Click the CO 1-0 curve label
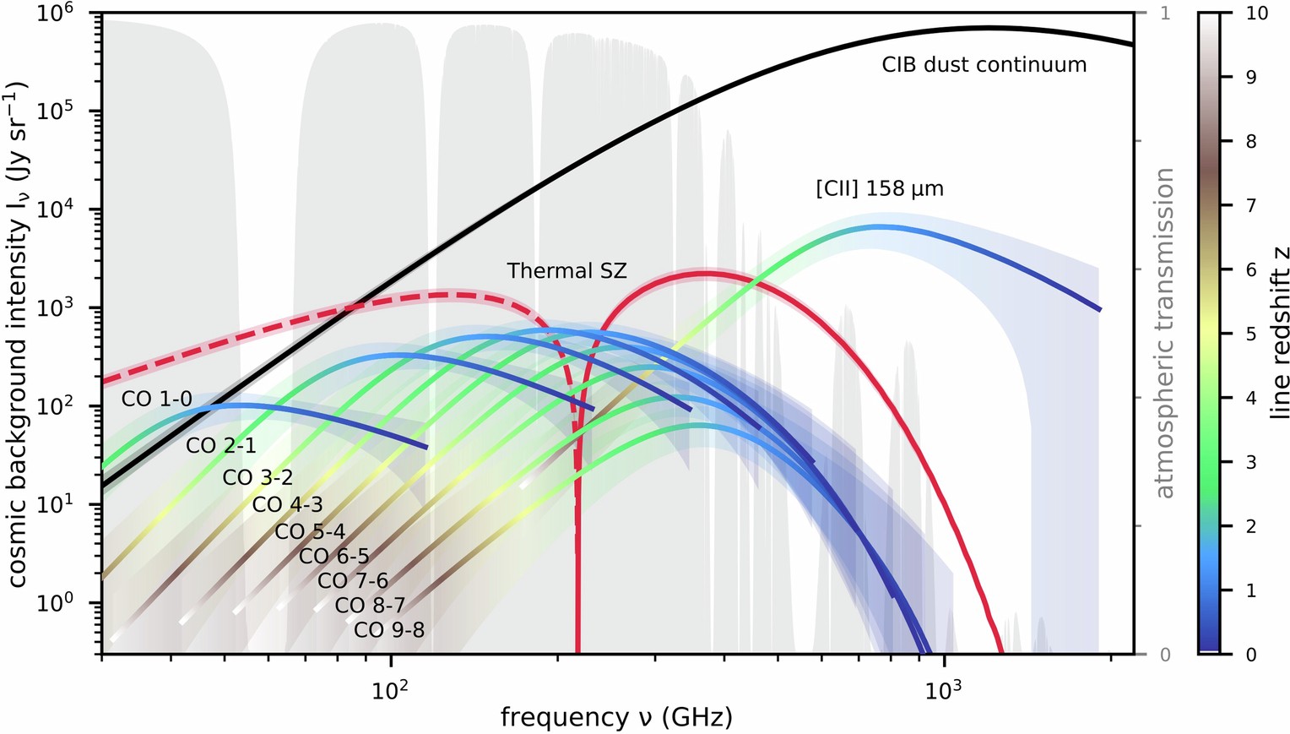[x=157, y=399]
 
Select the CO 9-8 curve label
[x=389, y=630]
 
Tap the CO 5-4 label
[x=310, y=531]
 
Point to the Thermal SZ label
[x=566, y=271]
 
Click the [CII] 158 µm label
[x=879, y=188]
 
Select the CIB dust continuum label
[x=984, y=65]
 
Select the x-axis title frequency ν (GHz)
[x=616, y=718]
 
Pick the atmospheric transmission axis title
[x=1165, y=334]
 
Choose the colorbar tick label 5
[x=1251, y=334]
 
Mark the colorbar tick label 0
[x=1251, y=655]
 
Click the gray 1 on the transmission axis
[x=1165, y=14]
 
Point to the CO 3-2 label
[x=257, y=477]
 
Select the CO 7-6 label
[x=353, y=581]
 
